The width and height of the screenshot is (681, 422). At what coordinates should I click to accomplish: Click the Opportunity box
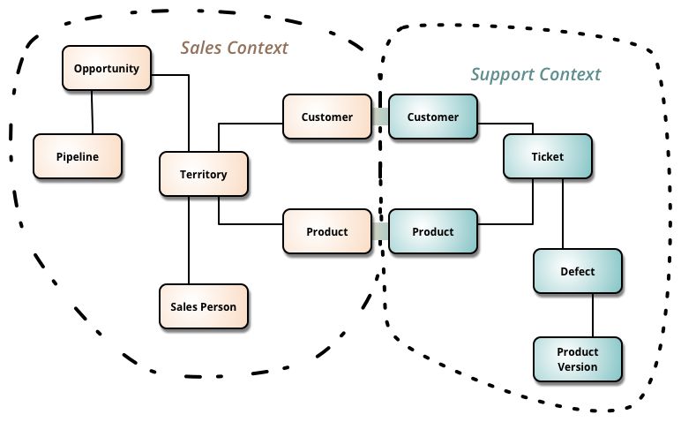click(107, 69)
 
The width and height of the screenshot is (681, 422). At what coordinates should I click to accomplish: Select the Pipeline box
click(77, 156)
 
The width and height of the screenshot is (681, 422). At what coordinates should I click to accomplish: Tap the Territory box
click(204, 174)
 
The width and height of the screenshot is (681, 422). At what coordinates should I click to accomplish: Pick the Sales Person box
click(204, 306)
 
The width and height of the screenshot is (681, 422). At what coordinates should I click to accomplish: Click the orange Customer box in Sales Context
click(326, 117)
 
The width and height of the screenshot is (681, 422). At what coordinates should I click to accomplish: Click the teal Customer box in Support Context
click(432, 117)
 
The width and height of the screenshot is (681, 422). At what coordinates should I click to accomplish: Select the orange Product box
click(326, 231)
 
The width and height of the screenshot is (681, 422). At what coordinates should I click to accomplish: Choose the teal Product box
click(432, 231)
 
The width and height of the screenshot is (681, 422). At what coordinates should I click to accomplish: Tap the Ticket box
click(547, 156)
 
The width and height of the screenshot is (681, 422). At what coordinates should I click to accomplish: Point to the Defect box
click(578, 271)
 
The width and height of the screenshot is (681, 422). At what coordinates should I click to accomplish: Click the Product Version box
click(578, 359)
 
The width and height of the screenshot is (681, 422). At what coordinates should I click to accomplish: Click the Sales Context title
click(235, 48)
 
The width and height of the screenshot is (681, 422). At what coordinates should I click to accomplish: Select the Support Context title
click(535, 74)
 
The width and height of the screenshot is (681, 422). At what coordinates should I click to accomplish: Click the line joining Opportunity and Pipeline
click(92, 112)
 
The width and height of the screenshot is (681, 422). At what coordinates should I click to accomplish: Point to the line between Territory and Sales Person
click(189, 240)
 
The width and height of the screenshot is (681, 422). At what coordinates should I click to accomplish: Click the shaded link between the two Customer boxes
click(379, 117)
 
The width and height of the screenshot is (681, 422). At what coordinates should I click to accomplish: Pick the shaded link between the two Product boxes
click(379, 231)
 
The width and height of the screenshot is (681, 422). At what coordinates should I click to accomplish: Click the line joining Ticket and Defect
click(563, 214)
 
